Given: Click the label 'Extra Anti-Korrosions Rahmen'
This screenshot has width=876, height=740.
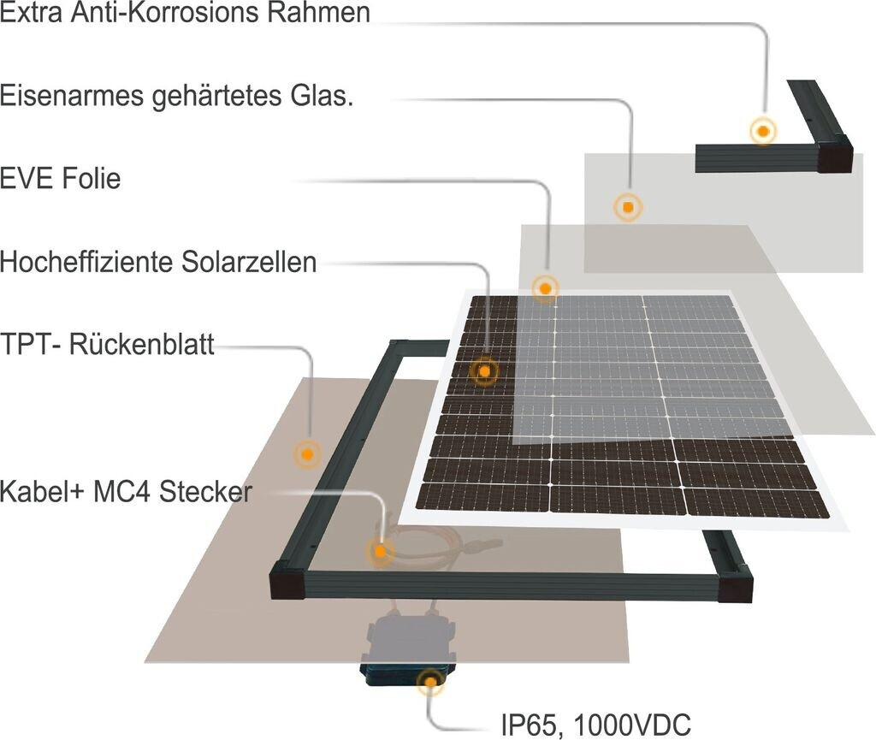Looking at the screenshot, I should pyautogui.click(x=186, y=15).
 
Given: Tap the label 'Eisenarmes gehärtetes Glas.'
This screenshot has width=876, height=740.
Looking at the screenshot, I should pyautogui.click(x=177, y=96).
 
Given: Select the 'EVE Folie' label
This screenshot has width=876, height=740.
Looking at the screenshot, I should pyautogui.click(x=61, y=179).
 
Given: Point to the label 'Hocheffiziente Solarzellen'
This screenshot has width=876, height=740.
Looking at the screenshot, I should pyautogui.click(x=158, y=262).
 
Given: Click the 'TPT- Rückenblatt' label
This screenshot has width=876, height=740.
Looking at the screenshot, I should pyautogui.click(x=108, y=345).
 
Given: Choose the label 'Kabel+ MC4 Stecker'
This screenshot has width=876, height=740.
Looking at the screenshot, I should pyautogui.click(x=127, y=493).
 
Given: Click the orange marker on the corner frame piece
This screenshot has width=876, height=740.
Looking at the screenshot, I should pyautogui.click(x=761, y=132).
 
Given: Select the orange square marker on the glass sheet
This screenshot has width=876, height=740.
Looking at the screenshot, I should pyautogui.click(x=629, y=207).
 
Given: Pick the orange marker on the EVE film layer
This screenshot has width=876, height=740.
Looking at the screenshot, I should pyautogui.click(x=545, y=288).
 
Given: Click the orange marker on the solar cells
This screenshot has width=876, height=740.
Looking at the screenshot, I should pyautogui.click(x=484, y=371).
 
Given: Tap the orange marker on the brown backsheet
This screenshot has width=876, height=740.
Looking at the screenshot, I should pyautogui.click(x=306, y=453).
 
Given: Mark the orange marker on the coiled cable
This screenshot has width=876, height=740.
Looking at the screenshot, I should pyautogui.click(x=379, y=552).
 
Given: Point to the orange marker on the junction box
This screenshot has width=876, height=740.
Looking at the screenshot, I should pyautogui.click(x=429, y=682).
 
